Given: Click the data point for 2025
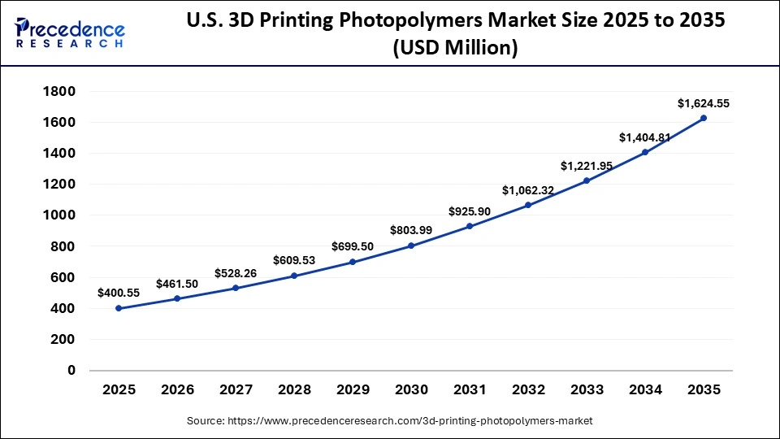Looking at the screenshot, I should [119, 308].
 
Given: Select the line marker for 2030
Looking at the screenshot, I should [411, 246].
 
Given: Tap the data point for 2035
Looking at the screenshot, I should [704, 118].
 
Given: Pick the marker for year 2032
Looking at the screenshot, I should [528, 205].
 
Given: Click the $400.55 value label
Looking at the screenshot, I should [119, 292].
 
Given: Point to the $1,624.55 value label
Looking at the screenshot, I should [704, 103].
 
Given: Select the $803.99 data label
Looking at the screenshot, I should [411, 229].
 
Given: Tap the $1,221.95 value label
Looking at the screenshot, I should [587, 166].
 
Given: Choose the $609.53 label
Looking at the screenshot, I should [294, 260].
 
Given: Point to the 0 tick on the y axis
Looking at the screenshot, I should [71, 370].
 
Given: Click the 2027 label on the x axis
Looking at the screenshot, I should [236, 390].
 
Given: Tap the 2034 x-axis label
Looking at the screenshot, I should [645, 390].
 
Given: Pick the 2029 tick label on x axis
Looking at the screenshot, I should [353, 390].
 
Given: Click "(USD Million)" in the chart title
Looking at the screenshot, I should [455, 49].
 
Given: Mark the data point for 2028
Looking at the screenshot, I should [294, 276].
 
